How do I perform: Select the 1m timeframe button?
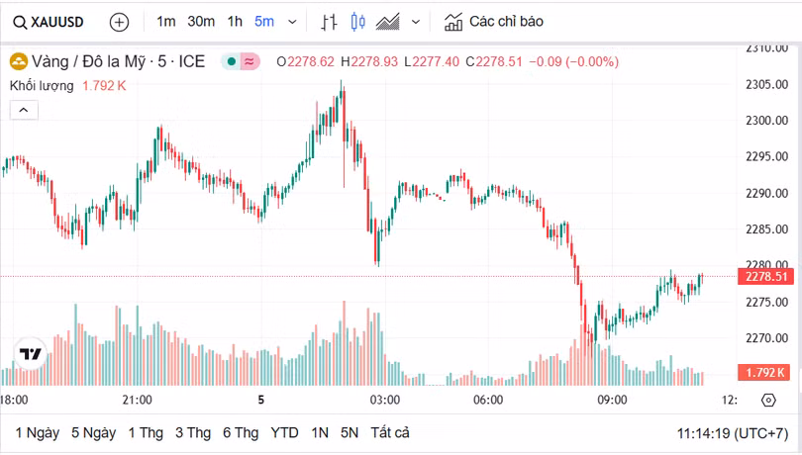point(166,21)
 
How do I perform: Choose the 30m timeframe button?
point(201,21)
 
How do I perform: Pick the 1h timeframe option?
point(235,21)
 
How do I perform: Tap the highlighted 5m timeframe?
point(264,21)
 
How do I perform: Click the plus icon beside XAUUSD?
point(119,21)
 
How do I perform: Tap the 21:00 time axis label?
point(137,400)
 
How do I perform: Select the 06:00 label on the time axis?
point(488,400)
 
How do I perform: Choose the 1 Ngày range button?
point(38,432)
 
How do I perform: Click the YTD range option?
point(285,432)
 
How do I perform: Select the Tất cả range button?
point(390,432)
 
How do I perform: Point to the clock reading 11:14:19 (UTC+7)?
point(733,433)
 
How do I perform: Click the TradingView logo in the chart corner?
point(31,353)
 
